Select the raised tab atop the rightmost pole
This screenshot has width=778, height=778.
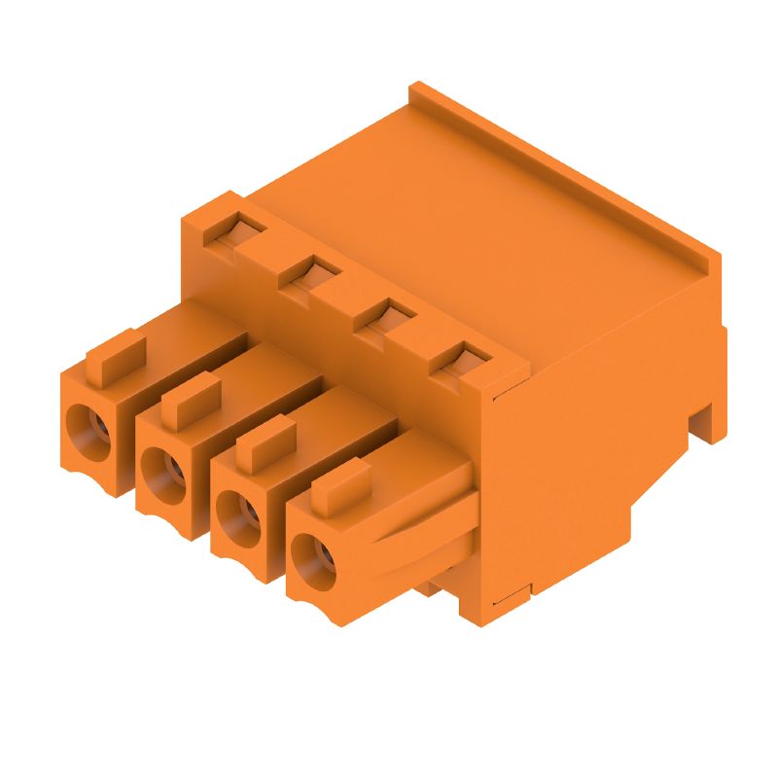coord(340,486)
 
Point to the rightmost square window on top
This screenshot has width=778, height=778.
coord(459,361)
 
